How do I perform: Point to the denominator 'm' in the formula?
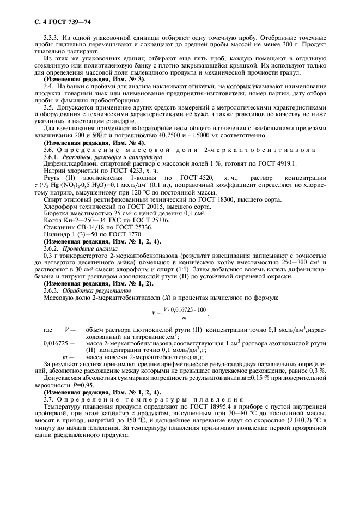(x=185, y=317)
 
